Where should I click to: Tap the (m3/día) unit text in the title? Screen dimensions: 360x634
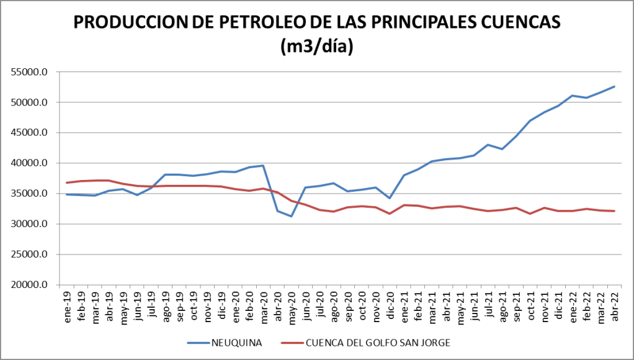(x=317, y=46)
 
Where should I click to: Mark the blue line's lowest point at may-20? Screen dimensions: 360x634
(x=291, y=216)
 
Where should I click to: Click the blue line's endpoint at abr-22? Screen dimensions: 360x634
(x=614, y=86)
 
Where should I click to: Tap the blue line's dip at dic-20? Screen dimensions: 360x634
(x=390, y=198)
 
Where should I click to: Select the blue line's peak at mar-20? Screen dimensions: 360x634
(x=263, y=166)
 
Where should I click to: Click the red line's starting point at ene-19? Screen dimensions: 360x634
(x=66, y=182)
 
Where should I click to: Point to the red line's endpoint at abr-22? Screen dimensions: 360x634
(x=614, y=211)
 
